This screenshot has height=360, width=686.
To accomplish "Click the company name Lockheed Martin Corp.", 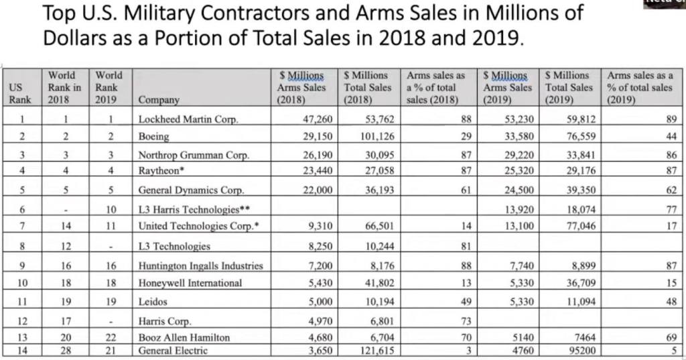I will (x=188, y=119).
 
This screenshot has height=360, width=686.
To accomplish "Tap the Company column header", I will (x=159, y=100).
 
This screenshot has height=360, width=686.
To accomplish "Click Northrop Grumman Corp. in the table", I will (x=194, y=155).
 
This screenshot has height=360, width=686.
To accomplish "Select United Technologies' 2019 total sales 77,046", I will (x=577, y=226).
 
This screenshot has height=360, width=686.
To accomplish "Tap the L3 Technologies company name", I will (x=174, y=246).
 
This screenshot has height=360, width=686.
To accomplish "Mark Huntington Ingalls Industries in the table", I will (x=200, y=265).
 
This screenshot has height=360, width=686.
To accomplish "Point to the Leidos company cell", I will (x=153, y=302).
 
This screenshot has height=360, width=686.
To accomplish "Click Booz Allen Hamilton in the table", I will (x=184, y=337).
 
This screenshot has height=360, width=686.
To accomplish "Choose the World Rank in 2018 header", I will (x=64, y=87).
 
